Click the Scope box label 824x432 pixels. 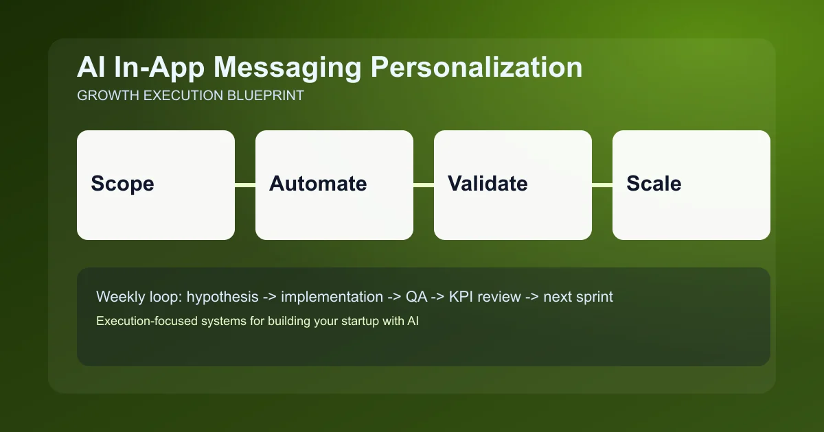click(x=122, y=184)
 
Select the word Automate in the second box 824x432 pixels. click(x=318, y=184)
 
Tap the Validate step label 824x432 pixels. click(x=488, y=184)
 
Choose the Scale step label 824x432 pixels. click(x=654, y=184)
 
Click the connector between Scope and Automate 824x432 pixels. click(x=245, y=184)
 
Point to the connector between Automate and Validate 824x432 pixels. click(x=424, y=184)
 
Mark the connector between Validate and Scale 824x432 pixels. click(x=602, y=184)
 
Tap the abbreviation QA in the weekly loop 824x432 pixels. click(x=414, y=298)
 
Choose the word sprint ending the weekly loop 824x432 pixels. click(x=594, y=298)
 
